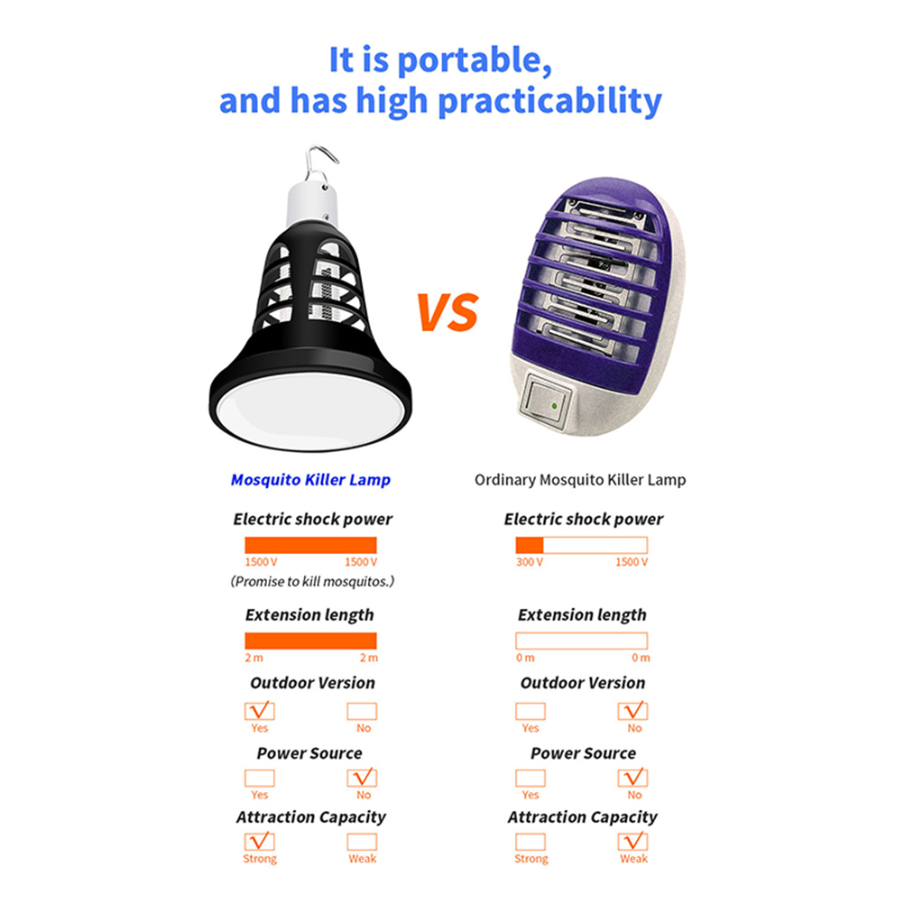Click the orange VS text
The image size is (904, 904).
pos(447,312)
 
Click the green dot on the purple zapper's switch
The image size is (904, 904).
pos(554,406)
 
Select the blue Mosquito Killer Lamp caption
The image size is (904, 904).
pos(310,480)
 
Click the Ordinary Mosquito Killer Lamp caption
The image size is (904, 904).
pos(580,480)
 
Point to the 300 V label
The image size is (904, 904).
pos(530,561)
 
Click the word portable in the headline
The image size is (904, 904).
pos(474,60)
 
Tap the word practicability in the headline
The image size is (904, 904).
pos(550,101)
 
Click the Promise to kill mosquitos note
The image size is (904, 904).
pos(312,581)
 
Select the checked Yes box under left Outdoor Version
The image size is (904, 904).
pos(260,711)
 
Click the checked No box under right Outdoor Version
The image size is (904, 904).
pos(633,711)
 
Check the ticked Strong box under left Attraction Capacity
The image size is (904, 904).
pos(260,842)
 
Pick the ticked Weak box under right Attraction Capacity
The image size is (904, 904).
pos(633,842)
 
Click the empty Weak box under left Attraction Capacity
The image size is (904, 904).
pos(362,842)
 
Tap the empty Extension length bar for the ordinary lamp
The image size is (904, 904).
pos(582,641)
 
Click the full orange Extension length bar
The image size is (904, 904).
pos(310,641)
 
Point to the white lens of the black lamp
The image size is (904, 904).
pos(310,410)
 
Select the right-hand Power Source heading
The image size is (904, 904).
pos(583,753)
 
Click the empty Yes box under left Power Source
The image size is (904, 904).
pos(260,778)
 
